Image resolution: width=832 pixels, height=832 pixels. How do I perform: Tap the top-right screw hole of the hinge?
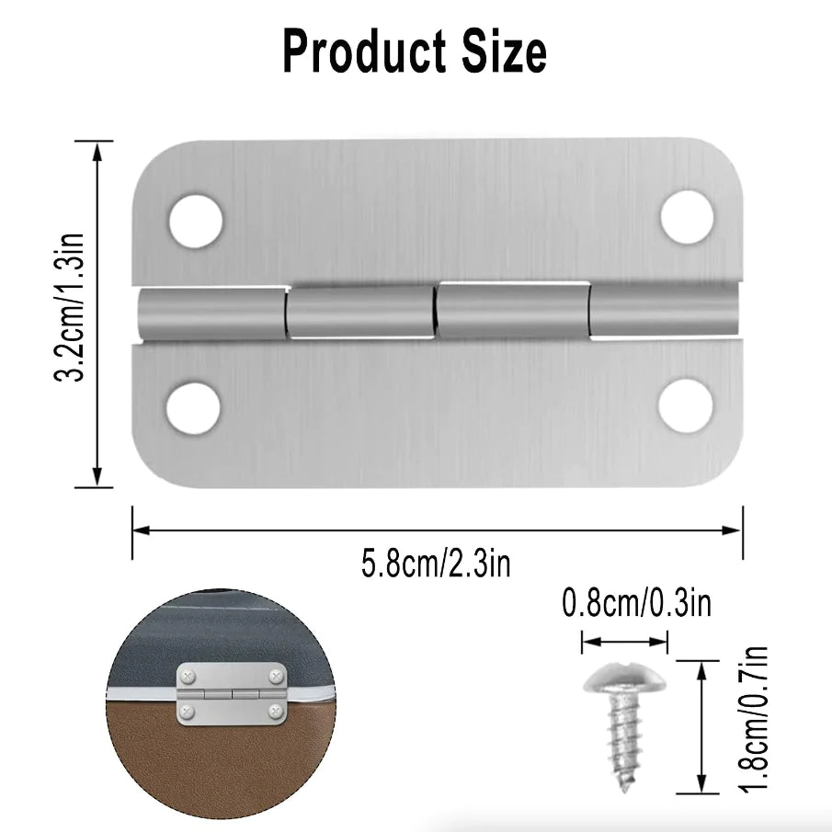[687, 217]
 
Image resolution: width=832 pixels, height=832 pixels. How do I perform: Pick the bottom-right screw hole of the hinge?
[685, 404]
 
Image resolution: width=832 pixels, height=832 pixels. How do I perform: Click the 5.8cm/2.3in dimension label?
[435, 562]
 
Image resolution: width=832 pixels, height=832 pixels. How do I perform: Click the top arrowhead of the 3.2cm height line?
[97, 149]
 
